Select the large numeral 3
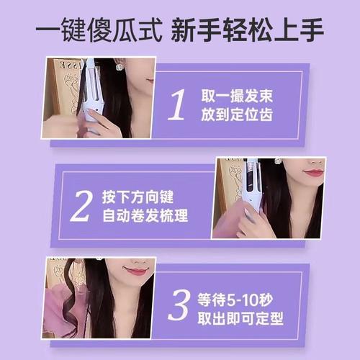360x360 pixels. coord(177,305)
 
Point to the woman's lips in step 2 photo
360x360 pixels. coord(313,173)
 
